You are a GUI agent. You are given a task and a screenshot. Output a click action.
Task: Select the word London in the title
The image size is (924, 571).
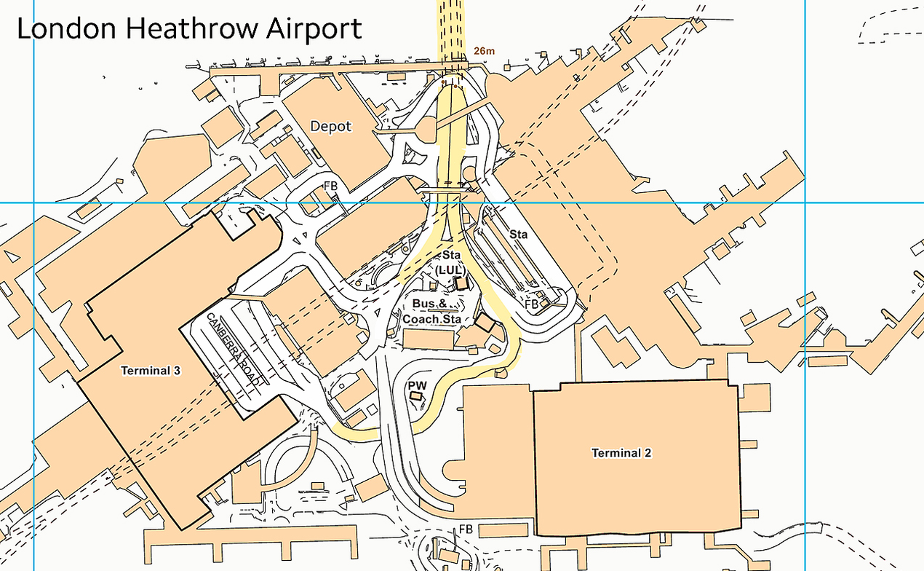(66, 28)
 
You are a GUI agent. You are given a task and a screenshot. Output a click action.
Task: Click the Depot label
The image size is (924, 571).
(331, 126)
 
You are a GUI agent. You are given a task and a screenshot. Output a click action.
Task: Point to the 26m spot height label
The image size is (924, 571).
(484, 50)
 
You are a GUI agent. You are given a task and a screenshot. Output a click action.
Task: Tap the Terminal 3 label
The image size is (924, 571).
(151, 371)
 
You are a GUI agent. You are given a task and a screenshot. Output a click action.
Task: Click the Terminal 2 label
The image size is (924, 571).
(621, 453)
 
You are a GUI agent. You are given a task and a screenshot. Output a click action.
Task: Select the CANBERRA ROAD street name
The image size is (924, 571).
(234, 348)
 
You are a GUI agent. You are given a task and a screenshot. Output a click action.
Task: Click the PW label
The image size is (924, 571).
(417, 385)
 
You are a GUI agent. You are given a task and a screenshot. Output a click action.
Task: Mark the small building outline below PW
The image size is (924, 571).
(416, 395)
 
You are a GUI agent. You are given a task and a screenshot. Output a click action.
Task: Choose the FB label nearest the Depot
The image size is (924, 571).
(331, 187)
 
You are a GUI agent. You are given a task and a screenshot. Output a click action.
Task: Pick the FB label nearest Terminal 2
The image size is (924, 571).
(466, 529)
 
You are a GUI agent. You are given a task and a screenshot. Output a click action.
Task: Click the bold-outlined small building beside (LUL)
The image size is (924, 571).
(460, 283)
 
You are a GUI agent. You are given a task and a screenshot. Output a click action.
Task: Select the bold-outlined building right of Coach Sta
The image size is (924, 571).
(483, 322)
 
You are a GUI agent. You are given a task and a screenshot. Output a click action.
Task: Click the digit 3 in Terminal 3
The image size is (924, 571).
(177, 371)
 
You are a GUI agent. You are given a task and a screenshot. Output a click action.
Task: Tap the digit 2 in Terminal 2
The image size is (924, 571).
(648, 453)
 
